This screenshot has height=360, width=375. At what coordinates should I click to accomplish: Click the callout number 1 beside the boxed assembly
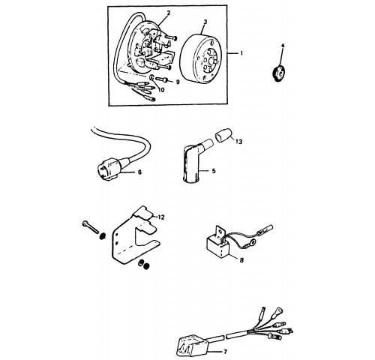pyautogui.click(x=241, y=53)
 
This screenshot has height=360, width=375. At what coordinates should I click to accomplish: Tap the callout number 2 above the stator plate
pyautogui.click(x=169, y=13)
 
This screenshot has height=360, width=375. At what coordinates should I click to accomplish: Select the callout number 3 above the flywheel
pyautogui.click(x=205, y=22)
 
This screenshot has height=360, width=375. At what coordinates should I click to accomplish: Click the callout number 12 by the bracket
pyautogui.click(x=161, y=217)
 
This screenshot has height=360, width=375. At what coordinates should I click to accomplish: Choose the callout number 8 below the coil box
pyautogui.click(x=241, y=260)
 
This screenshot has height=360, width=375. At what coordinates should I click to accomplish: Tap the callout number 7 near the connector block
pyautogui.click(x=225, y=352)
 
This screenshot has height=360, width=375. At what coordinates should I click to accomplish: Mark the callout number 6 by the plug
pyautogui.click(x=139, y=172)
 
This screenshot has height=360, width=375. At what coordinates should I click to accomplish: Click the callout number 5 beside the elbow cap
pyautogui.click(x=214, y=171)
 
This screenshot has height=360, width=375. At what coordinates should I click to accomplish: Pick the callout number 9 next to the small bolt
pyautogui.click(x=178, y=82)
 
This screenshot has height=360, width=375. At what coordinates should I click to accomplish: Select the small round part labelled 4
pyautogui.click(x=278, y=73)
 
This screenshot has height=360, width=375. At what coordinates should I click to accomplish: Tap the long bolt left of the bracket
pyautogui.click(x=91, y=227)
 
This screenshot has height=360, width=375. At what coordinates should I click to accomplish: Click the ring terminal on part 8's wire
pyautogui.click(x=252, y=242)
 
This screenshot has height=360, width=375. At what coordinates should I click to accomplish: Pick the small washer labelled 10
pyautogui.click(x=152, y=78)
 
